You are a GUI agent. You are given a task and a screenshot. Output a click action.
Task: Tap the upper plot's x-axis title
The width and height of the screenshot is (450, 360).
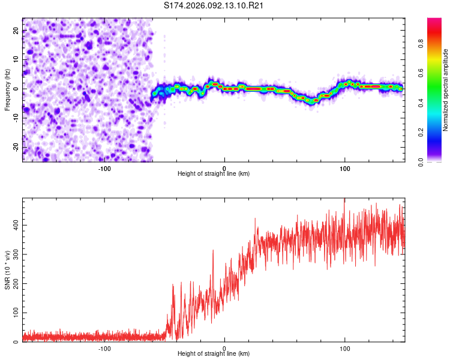214,173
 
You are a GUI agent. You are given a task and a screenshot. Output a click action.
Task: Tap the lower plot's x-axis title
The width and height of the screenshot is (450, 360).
214,353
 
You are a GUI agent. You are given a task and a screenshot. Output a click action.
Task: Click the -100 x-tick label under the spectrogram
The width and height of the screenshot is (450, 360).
104,167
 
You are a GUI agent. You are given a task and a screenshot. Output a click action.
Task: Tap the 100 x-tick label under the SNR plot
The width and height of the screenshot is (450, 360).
344,347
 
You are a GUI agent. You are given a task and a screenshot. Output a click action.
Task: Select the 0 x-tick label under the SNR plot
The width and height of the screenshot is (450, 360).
224,347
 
